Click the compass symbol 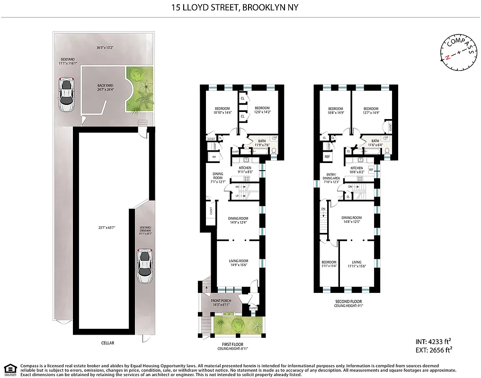(x=458, y=53)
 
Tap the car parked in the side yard (x=67, y=94)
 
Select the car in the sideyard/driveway (x=144, y=266)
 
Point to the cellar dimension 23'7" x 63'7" (x=105, y=227)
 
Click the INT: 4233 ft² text (x=433, y=341)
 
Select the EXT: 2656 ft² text (x=433, y=350)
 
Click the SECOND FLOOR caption (x=348, y=302)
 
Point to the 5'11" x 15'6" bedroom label (x=329, y=264)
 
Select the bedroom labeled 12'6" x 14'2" (x=262, y=110)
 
